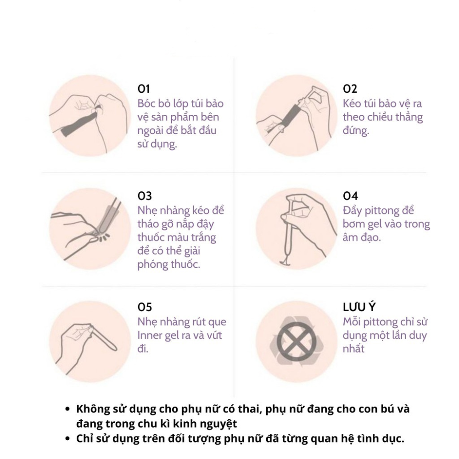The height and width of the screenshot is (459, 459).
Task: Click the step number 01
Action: (143, 89)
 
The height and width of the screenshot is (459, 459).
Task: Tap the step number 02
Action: (350, 89)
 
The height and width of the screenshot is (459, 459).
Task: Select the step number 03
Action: (145, 196)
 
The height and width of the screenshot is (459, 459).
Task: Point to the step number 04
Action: (350, 196)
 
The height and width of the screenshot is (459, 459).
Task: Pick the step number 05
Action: (145, 307)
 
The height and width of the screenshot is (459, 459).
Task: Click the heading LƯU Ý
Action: (359, 307)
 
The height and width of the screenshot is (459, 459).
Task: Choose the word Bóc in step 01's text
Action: (146, 103)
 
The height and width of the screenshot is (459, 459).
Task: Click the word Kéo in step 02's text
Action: (352, 103)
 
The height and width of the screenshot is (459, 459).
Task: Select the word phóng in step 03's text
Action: (152, 264)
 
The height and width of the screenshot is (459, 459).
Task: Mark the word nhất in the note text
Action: (353, 349)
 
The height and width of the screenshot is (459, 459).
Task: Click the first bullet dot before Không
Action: (67, 409)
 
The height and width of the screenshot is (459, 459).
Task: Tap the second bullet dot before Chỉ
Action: (67, 439)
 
